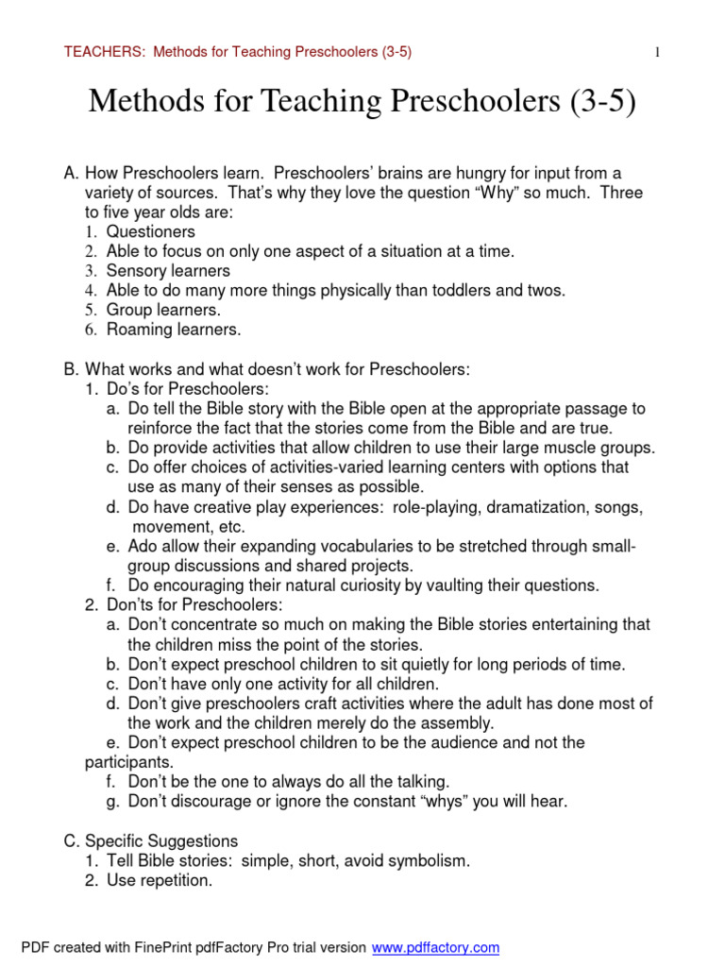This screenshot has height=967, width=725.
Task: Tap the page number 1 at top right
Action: pyautogui.click(x=657, y=53)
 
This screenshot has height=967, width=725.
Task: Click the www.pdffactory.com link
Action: pyautogui.click(x=435, y=947)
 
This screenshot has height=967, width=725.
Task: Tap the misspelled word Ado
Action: pyautogui.click(x=143, y=546)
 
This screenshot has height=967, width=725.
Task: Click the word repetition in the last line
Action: pyautogui.click(x=176, y=881)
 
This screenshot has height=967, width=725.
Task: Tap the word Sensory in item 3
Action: pyautogui.click(x=136, y=271)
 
